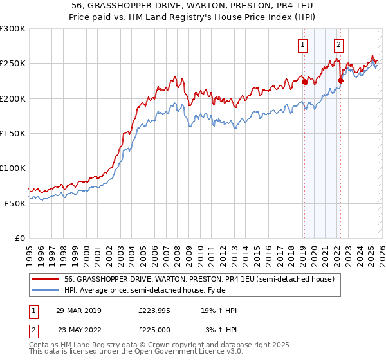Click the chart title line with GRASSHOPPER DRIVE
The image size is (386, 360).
click(x=192, y=5)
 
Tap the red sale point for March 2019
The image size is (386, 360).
click(x=304, y=82)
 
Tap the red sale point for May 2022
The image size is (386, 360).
click(x=340, y=81)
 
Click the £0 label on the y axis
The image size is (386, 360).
click(x=20, y=238)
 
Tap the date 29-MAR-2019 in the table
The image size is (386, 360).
click(x=78, y=310)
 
